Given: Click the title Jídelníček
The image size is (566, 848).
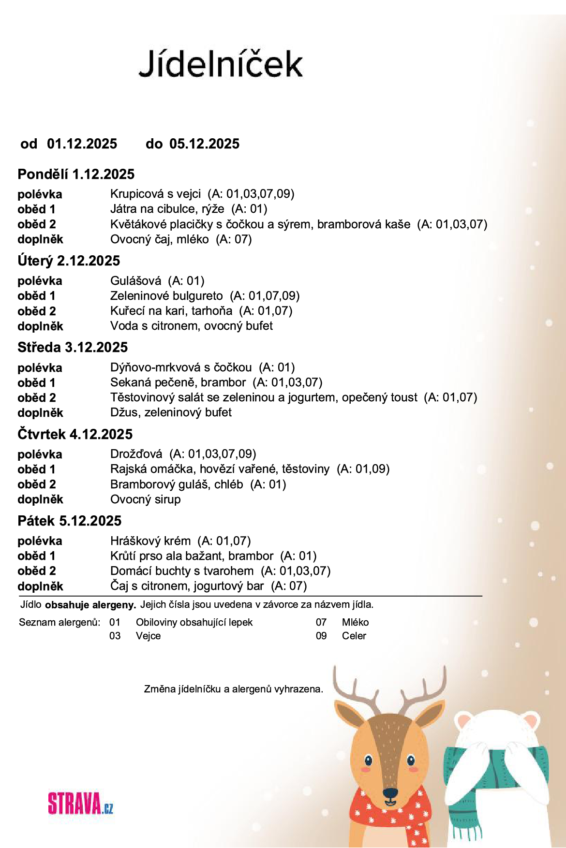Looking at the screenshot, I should click(x=221, y=64).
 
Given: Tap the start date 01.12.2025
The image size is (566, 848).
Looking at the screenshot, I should click(x=82, y=144).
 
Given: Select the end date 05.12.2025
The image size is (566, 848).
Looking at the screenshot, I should click(x=204, y=144).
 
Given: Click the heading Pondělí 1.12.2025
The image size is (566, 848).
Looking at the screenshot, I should click(x=76, y=174).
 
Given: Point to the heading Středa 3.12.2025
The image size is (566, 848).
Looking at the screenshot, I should click(x=73, y=347).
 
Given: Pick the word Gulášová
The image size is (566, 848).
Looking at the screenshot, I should click(x=135, y=281).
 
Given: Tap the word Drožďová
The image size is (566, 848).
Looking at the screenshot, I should click(x=136, y=454).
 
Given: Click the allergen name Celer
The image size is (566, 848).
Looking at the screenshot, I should click(x=354, y=636).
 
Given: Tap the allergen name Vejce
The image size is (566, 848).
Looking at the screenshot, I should click(x=148, y=636).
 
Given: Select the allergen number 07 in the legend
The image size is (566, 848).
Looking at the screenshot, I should click(x=321, y=622).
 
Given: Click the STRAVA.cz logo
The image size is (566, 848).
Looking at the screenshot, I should click(x=80, y=804).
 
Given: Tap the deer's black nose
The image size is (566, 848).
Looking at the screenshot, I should click(x=390, y=793).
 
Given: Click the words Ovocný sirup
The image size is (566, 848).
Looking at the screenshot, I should click(x=145, y=499).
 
